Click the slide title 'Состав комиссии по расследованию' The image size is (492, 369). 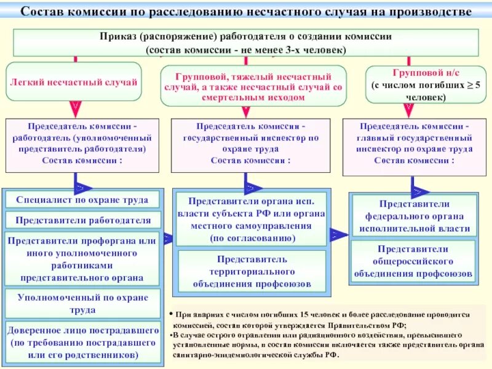pos(246,12)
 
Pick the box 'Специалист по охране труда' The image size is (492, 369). pos(82,200)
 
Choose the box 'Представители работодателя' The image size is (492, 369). pos(82,220)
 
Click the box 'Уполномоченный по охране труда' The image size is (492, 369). pos(82,303)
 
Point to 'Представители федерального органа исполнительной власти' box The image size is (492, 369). pos(413,216)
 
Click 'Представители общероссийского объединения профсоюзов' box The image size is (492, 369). pos(413,261)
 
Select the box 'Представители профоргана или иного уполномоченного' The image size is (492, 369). pos(82,258)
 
